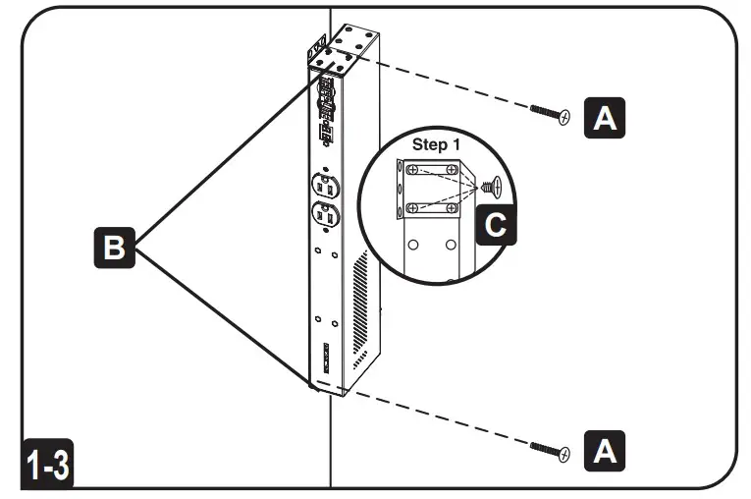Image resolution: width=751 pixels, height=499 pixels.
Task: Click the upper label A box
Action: (606, 117)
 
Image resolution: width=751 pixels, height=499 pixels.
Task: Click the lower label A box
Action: (606, 451)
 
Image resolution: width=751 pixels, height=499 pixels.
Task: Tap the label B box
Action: (114, 249)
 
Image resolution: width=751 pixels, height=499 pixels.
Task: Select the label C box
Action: (497, 226)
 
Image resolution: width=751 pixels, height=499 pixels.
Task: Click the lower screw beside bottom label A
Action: (551, 450)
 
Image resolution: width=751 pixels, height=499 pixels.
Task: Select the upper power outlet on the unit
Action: (326, 184)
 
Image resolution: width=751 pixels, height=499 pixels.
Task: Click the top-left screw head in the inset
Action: (412, 169)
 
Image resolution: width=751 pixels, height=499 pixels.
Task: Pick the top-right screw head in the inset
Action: (451, 170)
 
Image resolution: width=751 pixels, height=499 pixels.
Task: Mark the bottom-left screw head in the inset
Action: (412, 207)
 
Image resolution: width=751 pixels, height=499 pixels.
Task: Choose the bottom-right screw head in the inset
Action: (451, 207)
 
